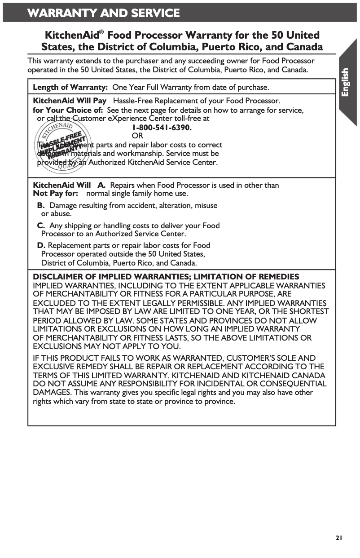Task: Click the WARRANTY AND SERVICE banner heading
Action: [x=104, y=13]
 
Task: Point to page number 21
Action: [x=339, y=537]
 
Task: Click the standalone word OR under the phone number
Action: [x=137, y=136]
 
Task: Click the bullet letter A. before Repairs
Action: [x=102, y=185]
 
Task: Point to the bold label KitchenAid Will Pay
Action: [x=70, y=101]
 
